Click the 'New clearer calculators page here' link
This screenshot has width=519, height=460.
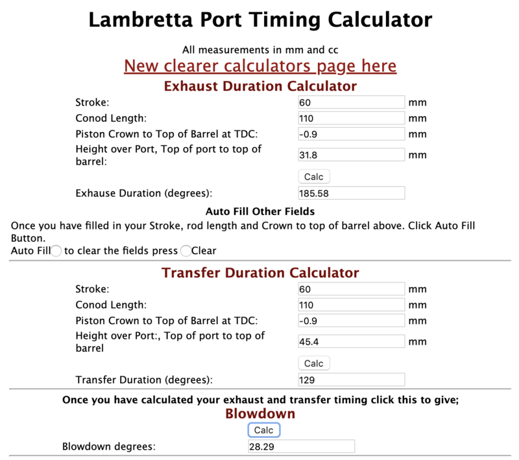point(259,66)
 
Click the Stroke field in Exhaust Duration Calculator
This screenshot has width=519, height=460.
point(351,102)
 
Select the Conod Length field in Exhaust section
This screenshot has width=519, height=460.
point(351,119)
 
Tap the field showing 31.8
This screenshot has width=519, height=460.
point(351,155)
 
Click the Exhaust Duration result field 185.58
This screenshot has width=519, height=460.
point(351,193)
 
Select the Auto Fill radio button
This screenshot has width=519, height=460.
point(56,251)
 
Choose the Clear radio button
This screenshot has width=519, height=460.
point(186,251)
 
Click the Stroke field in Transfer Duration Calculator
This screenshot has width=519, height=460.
point(351,288)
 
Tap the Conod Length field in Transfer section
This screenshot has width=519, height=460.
point(351,305)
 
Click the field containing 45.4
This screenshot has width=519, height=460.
point(351,341)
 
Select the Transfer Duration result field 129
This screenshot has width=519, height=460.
point(351,380)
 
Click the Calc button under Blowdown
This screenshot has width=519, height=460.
point(263,430)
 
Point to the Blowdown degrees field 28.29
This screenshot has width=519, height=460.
point(301,446)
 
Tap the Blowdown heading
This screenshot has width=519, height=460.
point(259,413)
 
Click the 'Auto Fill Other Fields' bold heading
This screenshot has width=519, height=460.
point(259,211)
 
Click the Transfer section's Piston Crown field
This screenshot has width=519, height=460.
point(351,321)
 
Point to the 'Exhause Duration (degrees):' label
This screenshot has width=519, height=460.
point(144,193)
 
